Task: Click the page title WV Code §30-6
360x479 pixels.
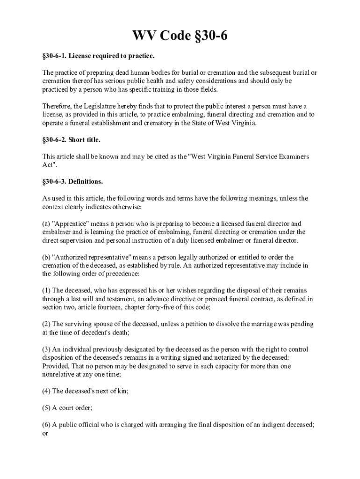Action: pos(180,36)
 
